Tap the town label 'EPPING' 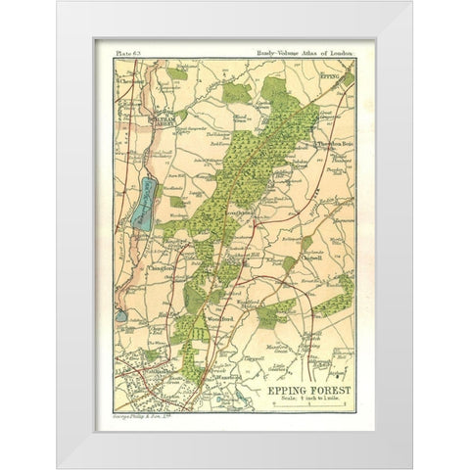click(336, 74)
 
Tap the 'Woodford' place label click(218, 317)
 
